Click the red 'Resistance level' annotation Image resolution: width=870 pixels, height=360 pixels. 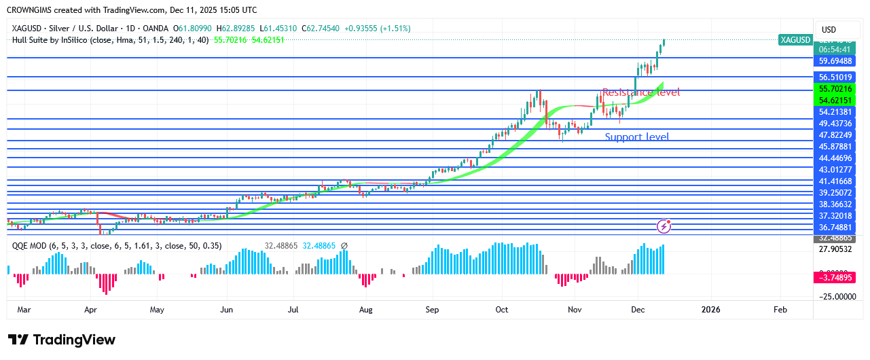tap(640, 92)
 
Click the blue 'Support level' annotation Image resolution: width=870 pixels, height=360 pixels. tap(636, 137)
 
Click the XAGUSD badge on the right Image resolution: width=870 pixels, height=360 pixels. tap(795, 40)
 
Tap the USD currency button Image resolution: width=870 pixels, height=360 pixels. tap(829, 30)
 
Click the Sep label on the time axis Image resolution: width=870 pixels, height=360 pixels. tap(432, 310)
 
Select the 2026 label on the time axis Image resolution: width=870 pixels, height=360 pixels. tap(710, 310)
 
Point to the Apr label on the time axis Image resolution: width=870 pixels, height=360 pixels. tap(90, 310)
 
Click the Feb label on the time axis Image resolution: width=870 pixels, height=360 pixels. tap(780, 310)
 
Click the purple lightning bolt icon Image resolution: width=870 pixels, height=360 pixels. tap(664, 226)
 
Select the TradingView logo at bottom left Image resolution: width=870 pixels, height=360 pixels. tap(62, 340)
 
